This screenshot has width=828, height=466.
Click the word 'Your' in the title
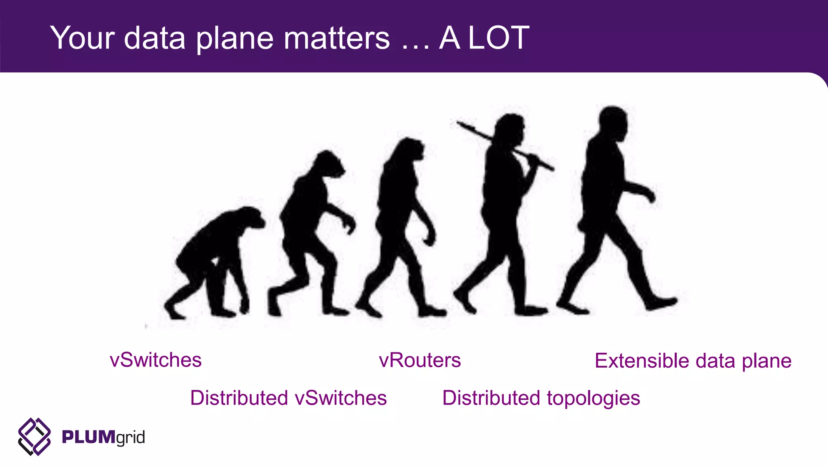[x=82, y=38]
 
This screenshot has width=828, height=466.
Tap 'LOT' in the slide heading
[x=499, y=38]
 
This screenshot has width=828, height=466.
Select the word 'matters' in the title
[x=336, y=38]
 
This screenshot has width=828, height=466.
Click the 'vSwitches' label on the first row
[x=156, y=360]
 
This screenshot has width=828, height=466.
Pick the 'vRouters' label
[x=420, y=360]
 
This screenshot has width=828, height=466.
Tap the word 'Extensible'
[x=642, y=360]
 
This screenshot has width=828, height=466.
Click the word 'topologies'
[x=594, y=398]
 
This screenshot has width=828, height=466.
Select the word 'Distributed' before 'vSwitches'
[x=239, y=398]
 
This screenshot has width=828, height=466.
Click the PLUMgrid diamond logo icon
[x=34, y=436]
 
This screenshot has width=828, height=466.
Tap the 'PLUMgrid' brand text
[x=103, y=437]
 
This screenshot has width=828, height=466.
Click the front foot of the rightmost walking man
[x=661, y=303]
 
